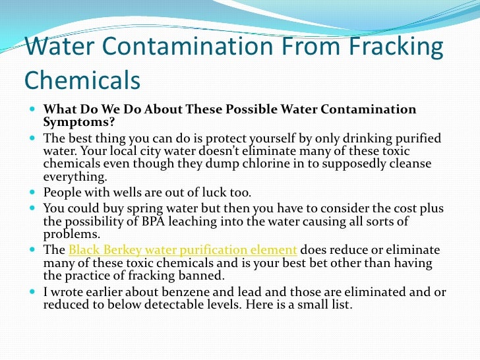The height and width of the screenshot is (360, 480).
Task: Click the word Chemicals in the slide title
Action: pos(82,79)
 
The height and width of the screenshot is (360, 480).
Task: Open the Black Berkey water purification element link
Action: pos(183,250)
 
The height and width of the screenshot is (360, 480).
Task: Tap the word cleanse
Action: pos(407,164)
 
